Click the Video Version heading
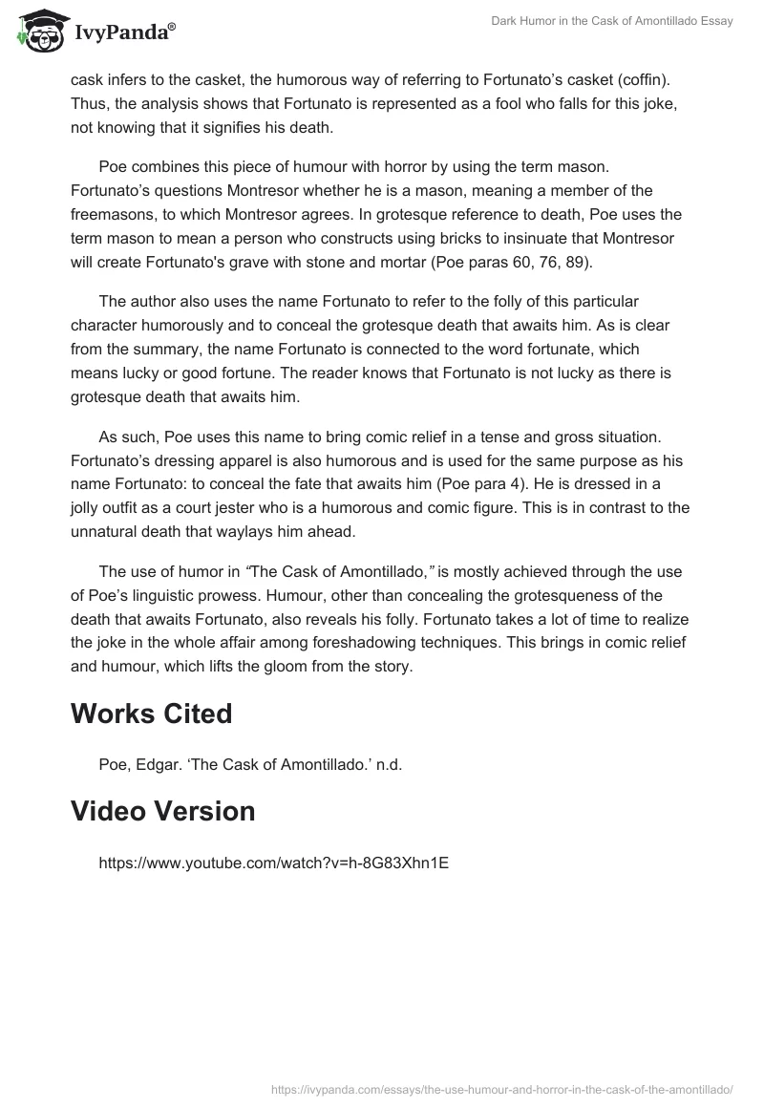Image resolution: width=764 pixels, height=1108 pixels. click(x=163, y=811)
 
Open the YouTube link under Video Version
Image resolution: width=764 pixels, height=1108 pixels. click(x=273, y=863)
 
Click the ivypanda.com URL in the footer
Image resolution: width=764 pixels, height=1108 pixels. click(x=501, y=1088)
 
